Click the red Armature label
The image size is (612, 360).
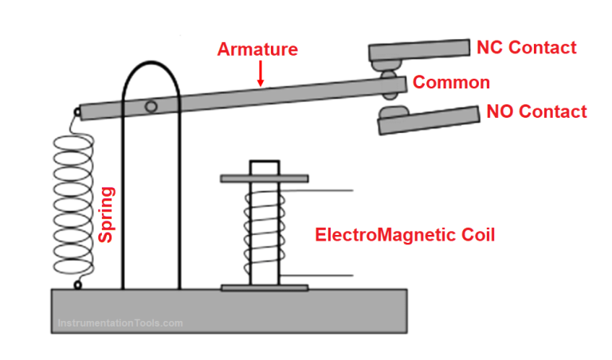point(257,49)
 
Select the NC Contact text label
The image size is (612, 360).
point(526,48)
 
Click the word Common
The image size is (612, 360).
point(451,82)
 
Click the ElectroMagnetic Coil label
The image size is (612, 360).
point(405,235)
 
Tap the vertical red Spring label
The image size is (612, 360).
point(106,214)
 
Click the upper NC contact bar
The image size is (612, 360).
point(418,50)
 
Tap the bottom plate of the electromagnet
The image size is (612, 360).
point(264,287)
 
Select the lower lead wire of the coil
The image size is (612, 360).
point(319,276)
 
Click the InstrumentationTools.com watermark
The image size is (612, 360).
point(120,323)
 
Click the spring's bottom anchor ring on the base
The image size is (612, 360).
point(77,284)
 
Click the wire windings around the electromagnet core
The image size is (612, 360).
point(264,231)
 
